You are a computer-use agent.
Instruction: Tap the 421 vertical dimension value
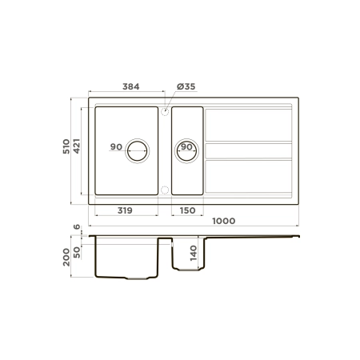tap(78, 148)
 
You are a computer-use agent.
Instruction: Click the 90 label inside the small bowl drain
tap(186, 147)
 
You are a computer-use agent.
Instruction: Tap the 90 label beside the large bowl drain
tap(117, 147)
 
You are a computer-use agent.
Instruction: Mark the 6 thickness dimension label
tap(78, 228)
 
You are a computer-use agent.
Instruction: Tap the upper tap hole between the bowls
tap(165, 112)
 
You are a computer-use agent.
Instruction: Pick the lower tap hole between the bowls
tap(165, 190)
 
